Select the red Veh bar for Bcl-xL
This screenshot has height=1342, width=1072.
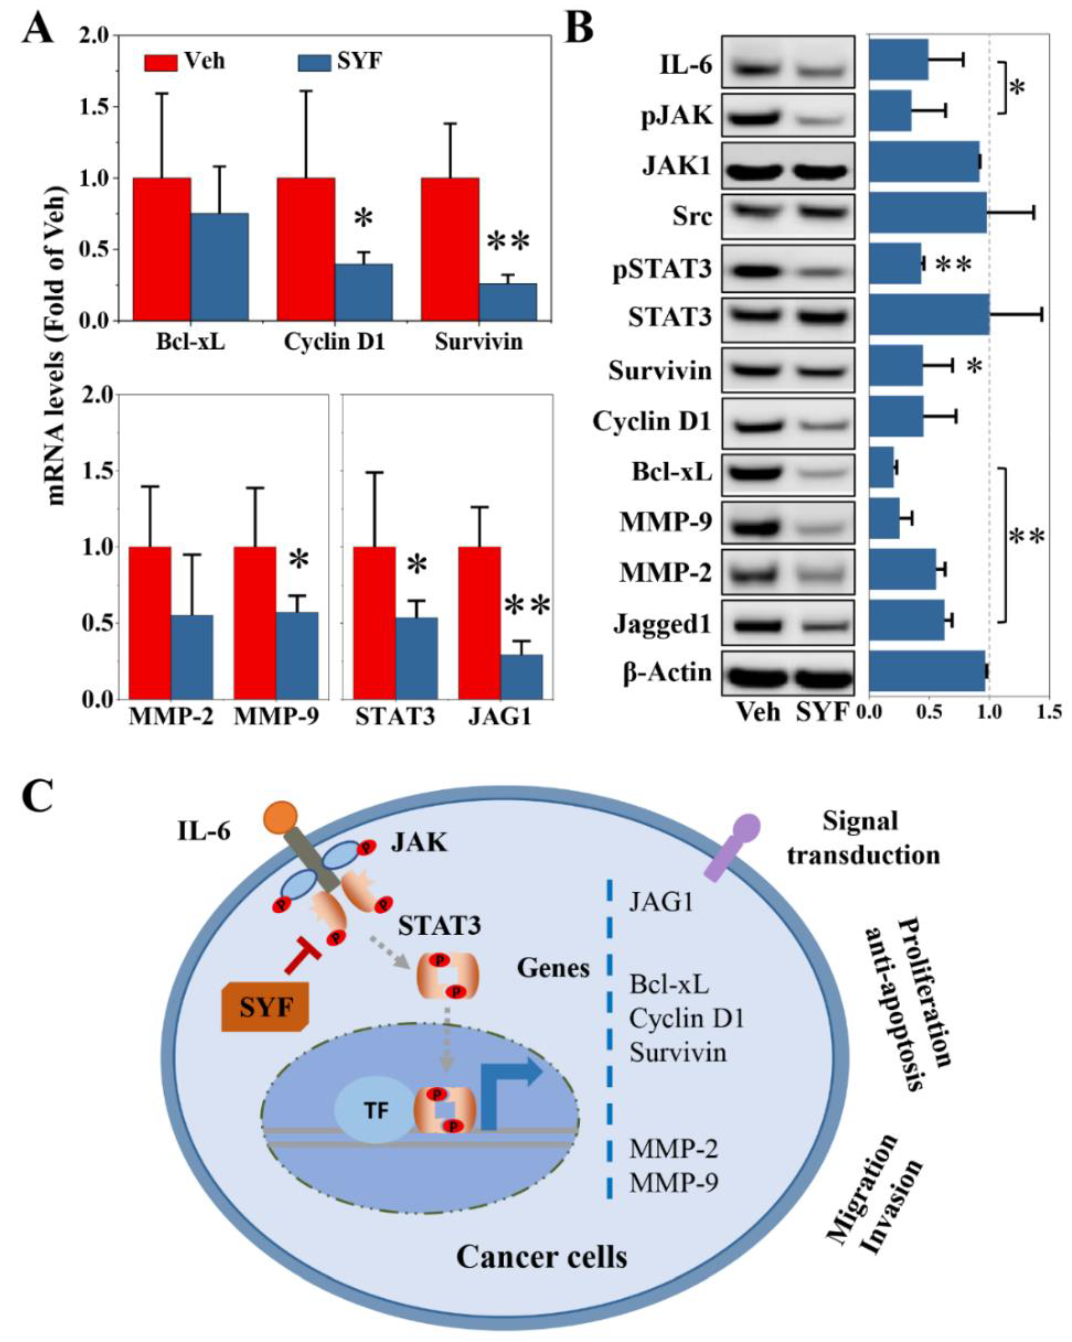tap(162, 249)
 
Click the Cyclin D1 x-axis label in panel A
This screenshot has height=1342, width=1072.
tap(334, 342)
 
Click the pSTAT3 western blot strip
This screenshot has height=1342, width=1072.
tap(787, 269)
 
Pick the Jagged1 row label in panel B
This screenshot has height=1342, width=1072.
tap(662, 624)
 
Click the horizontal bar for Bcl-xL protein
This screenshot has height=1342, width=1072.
tap(882, 467)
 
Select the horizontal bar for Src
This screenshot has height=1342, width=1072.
tap(928, 213)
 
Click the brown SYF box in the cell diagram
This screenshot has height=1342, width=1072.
tap(265, 1007)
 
